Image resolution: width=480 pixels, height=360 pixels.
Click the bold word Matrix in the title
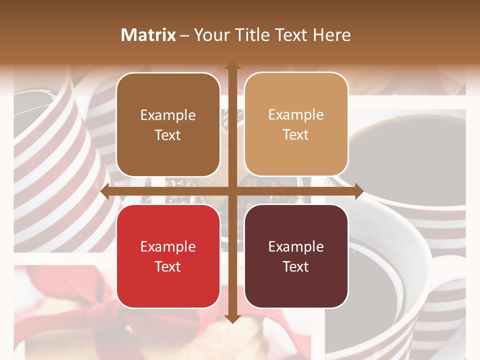click(x=148, y=35)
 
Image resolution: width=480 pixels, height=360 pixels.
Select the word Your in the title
click(x=210, y=35)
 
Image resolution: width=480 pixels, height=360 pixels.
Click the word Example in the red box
click(x=168, y=247)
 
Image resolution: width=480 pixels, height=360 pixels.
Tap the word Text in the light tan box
click(x=296, y=135)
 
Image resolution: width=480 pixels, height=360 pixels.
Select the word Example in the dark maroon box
click(x=296, y=247)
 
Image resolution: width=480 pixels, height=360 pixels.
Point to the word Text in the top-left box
click(x=168, y=135)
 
